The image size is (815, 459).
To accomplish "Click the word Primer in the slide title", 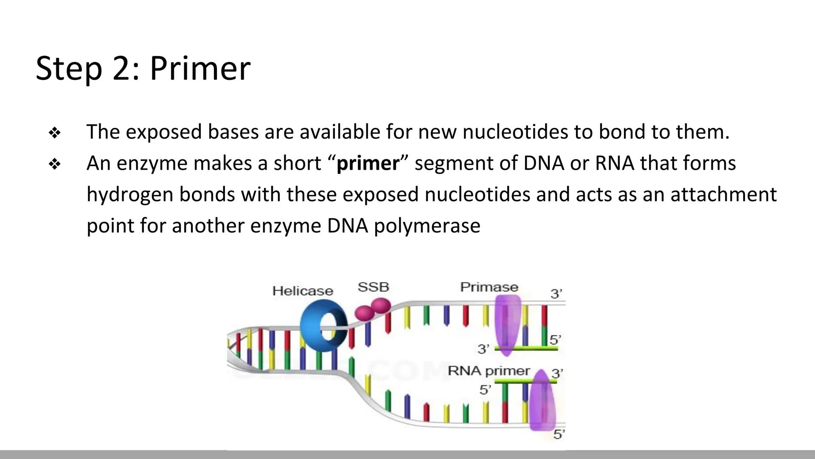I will click(200, 68).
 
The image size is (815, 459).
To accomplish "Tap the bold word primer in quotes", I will click(368, 163).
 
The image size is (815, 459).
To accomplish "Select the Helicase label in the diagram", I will click(303, 291).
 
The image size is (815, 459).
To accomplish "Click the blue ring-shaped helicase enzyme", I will click(323, 326).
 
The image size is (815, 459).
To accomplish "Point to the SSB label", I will click(373, 287).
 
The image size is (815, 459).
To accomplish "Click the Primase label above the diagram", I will click(489, 287).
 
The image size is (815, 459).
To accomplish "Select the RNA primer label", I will click(489, 371).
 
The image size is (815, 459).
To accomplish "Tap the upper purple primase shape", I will click(508, 325).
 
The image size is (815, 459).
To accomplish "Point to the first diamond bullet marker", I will click(55, 133).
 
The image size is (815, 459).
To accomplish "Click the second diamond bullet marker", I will click(55, 164).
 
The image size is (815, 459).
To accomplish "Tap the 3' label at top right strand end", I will click(556, 294).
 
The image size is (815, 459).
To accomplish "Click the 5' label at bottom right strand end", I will click(559, 434).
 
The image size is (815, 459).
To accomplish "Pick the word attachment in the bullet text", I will click(723, 195).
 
